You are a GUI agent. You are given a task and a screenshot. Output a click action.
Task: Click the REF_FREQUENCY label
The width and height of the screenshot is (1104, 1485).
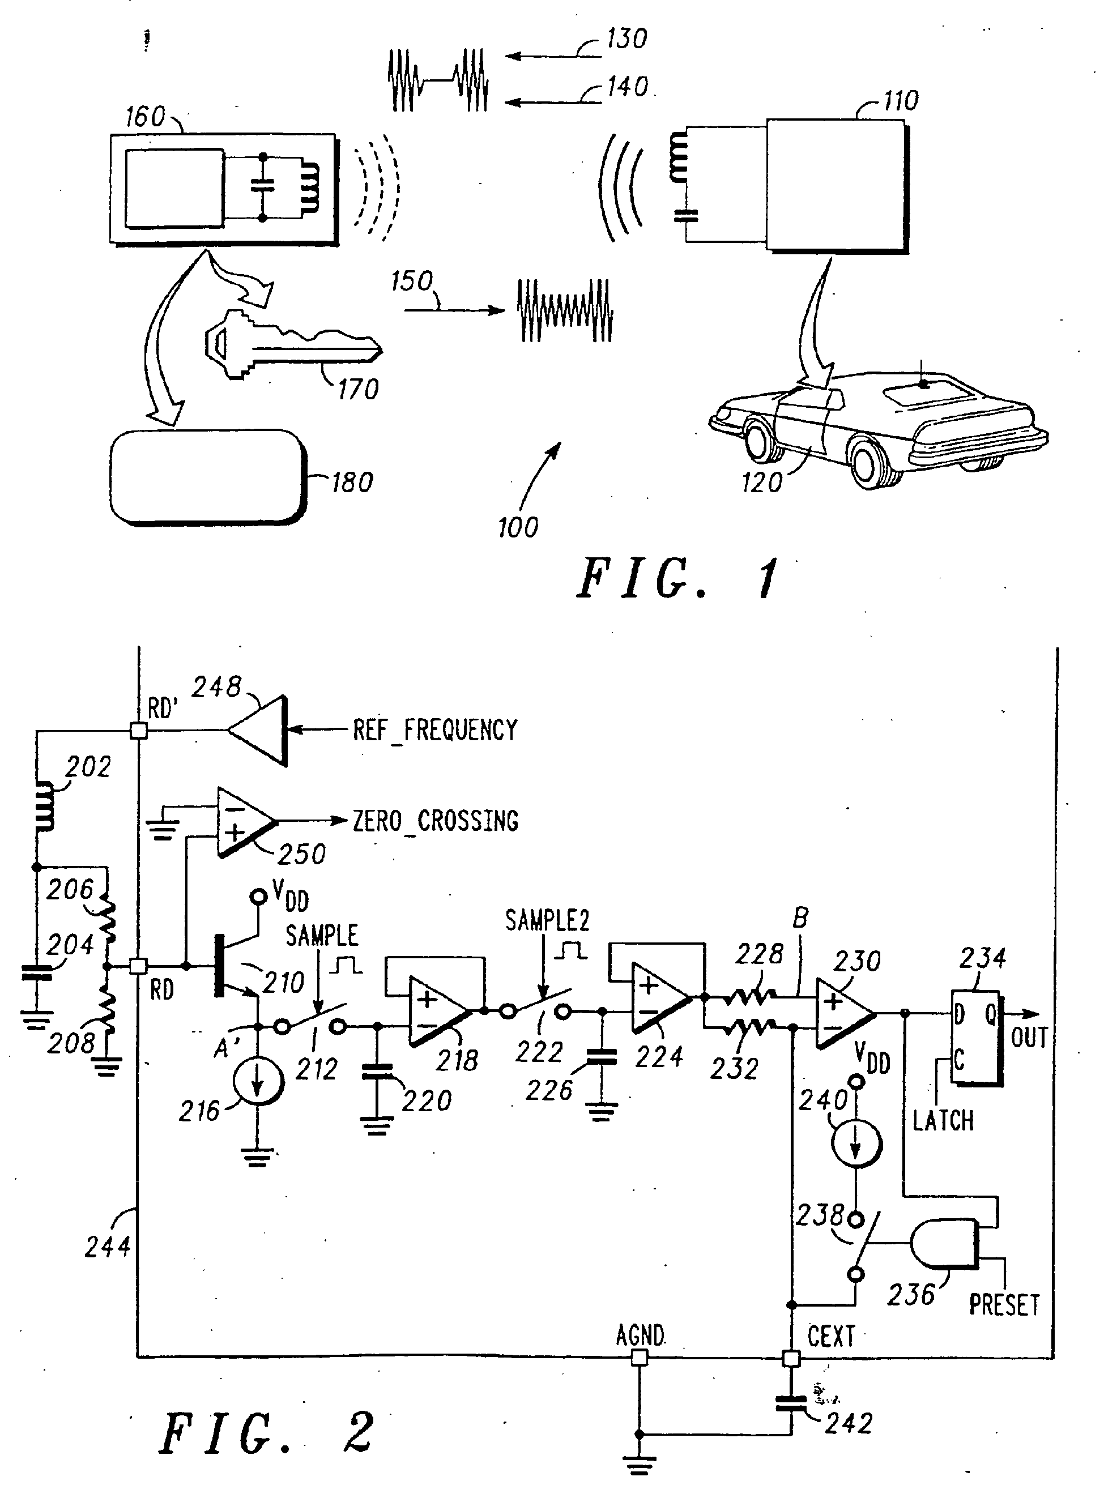[x=435, y=729]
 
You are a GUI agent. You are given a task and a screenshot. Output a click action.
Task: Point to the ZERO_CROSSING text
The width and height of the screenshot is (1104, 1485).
[x=435, y=820]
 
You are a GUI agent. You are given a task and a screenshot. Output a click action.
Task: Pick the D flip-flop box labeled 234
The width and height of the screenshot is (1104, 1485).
[x=977, y=1038]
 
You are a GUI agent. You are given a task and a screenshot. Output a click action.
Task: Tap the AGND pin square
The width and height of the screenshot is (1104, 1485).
[x=640, y=1358]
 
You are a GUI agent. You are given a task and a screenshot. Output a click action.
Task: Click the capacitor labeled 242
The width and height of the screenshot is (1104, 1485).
[x=791, y=1404]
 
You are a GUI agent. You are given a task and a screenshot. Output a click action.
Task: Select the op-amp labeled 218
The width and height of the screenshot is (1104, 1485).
[x=440, y=1011]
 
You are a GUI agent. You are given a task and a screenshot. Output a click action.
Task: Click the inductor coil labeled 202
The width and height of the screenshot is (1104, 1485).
[x=45, y=807]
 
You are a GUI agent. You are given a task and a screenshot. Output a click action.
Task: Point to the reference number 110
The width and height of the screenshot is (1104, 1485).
[x=900, y=101]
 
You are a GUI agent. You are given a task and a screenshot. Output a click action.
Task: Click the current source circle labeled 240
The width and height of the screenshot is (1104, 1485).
[x=856, y=1143]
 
